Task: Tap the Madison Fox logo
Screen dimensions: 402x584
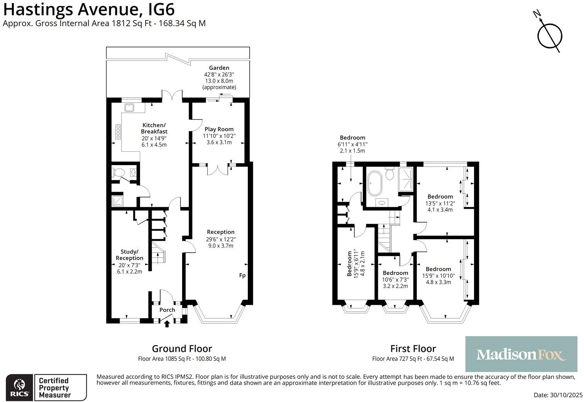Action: click(x=521, y=354)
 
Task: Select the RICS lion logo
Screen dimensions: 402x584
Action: click(x=19, y=387)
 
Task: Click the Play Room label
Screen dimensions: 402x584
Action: click(x=219, y=129)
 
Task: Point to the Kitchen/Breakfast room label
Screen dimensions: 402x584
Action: click(x=154, y=128)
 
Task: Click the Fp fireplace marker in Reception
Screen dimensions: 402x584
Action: click(x=242, y=275)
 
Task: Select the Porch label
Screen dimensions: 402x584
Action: click(x=167, y=310)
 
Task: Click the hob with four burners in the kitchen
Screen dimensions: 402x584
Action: click(x=118, y=132)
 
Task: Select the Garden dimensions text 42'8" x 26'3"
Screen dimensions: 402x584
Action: click(x=219, y=74)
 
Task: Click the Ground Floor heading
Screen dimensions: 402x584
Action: click(x=182, y=349)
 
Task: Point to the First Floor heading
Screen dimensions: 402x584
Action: click(x=413, y=349)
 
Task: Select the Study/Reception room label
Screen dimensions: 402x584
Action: click(x=129, y=255)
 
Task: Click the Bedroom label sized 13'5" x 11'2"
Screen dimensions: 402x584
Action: click(x=440, y=196)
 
